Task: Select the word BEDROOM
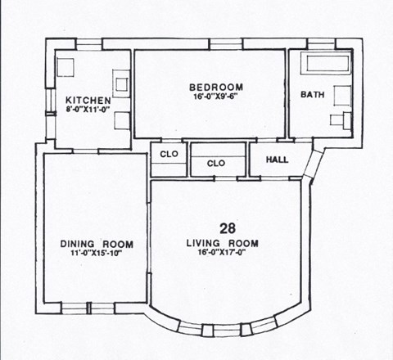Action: [216, 88]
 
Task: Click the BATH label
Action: [312, 95]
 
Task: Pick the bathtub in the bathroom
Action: [326, 63]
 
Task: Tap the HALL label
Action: [278, 159]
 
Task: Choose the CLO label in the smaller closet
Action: [169, 154]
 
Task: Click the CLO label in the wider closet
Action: [216, 164]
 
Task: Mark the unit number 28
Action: [228, 227]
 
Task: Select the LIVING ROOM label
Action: [223, 244]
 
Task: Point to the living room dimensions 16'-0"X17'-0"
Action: [223, 254]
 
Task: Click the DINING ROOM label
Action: [97, 245]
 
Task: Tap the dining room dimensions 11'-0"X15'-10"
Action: [97, 254]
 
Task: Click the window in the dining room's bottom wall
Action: [75, 308]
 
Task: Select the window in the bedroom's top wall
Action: [220, 43]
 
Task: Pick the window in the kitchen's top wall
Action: [89, 43]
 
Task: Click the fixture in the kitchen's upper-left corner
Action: [66, 65]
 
